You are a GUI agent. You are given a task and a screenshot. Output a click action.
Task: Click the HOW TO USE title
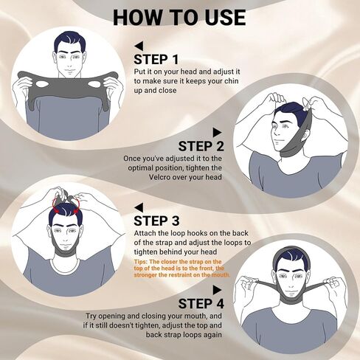click(x=179, y=16)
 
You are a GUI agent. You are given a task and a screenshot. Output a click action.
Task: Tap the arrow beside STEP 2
click(x=235, y=132)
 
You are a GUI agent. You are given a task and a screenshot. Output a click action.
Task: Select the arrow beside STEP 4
click(x=235, y=290)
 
